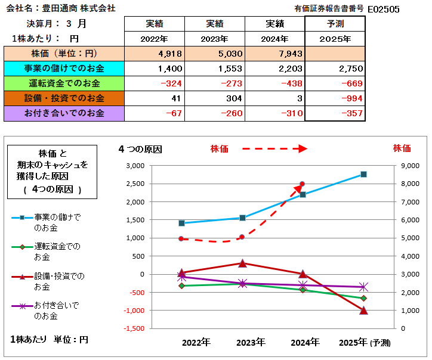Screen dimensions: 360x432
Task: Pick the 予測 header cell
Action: coord(335,24)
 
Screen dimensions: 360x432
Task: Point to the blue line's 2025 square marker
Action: coord(363,175)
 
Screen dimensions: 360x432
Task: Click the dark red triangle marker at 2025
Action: coord(363,310)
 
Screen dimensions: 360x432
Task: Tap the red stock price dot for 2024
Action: coord(303,184)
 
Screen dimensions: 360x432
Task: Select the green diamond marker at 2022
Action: coord(182,286)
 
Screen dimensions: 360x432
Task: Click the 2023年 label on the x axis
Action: coord(251,342)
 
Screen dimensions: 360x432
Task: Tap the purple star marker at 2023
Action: coord(243,284)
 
